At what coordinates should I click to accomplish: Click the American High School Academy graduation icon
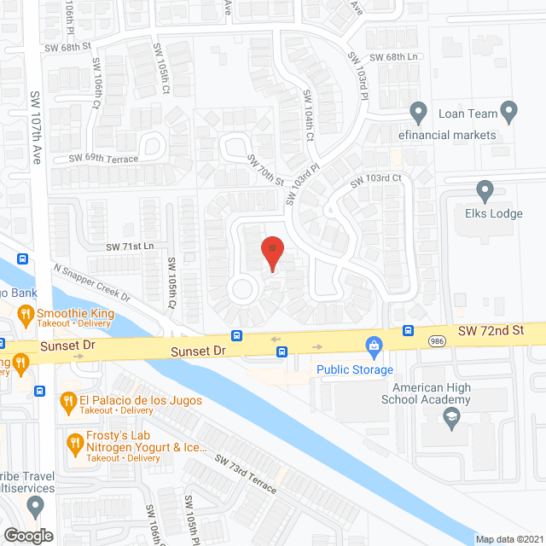point(451,416)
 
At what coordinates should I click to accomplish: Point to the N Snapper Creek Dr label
point(90,282)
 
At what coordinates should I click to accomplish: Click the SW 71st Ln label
point(130,246)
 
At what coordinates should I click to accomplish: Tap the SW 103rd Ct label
point(375,178)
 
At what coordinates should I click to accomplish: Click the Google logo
point(28,535)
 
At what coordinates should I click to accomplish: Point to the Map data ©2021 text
point(508,539)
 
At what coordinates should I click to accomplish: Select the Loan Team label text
point(468,113)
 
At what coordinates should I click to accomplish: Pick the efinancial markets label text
point(446,135)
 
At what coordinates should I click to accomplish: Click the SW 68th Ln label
point(405,57)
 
